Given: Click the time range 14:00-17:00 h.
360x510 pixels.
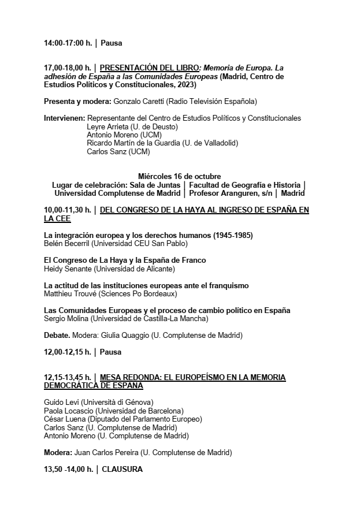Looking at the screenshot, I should (x=68, y=43).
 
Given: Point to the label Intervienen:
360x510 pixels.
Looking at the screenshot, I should (x=64, y=118).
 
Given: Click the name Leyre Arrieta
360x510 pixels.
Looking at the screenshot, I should (x=108, y=126).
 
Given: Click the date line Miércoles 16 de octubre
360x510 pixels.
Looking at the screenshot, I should (x=179, y=176).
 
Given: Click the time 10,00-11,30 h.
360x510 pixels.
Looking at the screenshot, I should (x=68, y=210).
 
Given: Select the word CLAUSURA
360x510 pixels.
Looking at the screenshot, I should (x=122, y=470).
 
